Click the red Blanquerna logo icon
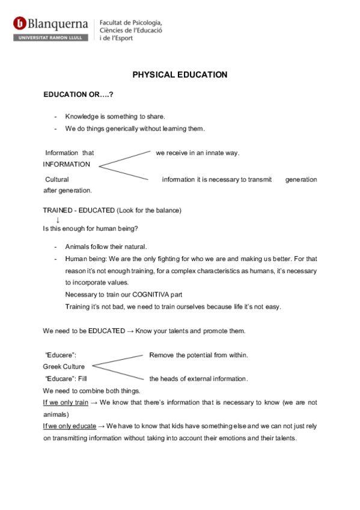coord(20,23)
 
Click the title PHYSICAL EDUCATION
coord(180,75)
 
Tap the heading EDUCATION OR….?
coord(78,96)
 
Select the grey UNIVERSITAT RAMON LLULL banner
coord(51,37)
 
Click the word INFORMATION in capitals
coord(67,164)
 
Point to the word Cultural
coord(57,179)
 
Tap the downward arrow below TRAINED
coord(57,220)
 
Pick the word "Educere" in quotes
coord(61,355)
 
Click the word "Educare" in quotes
coord(61,379)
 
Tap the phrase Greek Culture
coord(64,367)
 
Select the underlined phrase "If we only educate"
coord(69,426)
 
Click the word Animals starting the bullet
coord(78,247)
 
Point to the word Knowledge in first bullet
coord(82,117)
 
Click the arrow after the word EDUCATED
coord(130,331)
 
